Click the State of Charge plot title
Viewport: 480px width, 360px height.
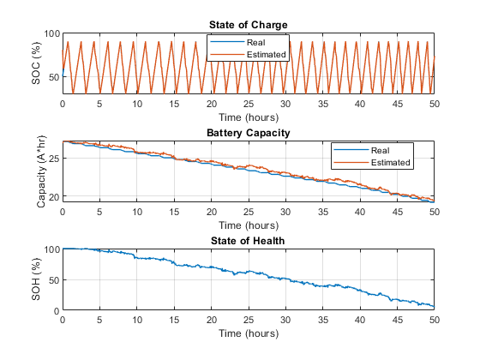(x=248, y=25)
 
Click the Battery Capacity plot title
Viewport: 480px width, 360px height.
(x=248, y=133)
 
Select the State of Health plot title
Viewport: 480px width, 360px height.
(x=248, y=241)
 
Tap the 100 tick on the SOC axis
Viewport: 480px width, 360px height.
(x=51, y=34)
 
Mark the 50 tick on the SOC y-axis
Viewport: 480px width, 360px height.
(x=53, y=77)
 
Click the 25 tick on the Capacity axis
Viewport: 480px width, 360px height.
(x=53, y=159)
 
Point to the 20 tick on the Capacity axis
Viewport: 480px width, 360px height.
(x=53, y=197)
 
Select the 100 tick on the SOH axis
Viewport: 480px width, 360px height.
(x=51, y=250)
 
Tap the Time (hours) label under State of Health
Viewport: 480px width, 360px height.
(x=248, y=333)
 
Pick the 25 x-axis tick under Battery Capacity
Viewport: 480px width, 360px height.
(x=248, y=212)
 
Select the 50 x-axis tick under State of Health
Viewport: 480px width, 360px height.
(x=434, y=320)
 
